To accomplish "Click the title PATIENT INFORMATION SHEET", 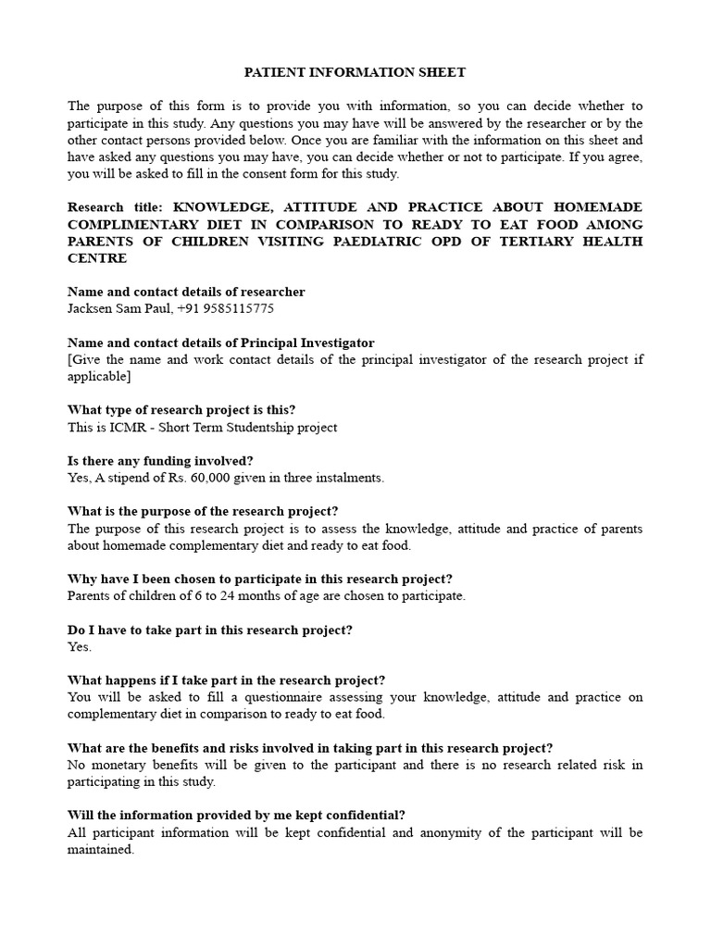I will pyautogui.click(x=355, y=71).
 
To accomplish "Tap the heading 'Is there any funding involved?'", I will pyautogui.click(x=160, y=461).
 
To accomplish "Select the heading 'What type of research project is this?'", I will pyautogui.click(x=181, y=410).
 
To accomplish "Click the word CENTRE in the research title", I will pyautogui.click(x=97, y=258).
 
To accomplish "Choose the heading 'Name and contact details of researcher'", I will pyautogui.click(x=186, y=292).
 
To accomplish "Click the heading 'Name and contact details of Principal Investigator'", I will pyautogui.click(x=220, y=343).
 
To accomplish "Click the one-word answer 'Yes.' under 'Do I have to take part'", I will pyautogui.click(x=80, y=647).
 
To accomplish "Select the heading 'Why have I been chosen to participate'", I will pyautogui.click(x=260, y=580).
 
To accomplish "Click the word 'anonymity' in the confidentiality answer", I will pyautogui.click(x=459, y=832).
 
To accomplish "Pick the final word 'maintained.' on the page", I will pyautogui.click(x=101, y=850).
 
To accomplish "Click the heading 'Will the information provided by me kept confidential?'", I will pyautogui.click(x=236, y=816).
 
